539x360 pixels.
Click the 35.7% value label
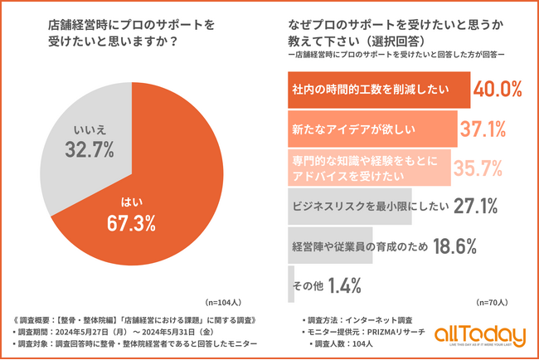[x=478, y=168]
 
